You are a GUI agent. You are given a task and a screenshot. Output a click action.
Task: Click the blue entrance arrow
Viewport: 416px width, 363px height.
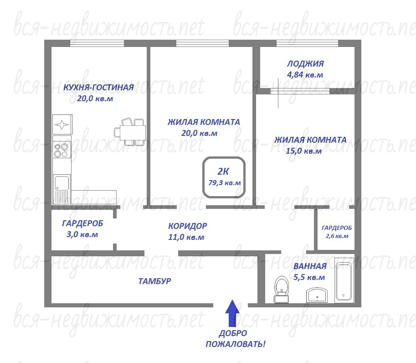232,313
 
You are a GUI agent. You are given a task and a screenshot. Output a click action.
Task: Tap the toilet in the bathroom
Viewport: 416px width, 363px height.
282,289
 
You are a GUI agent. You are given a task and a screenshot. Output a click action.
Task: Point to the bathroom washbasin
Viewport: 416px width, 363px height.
317,295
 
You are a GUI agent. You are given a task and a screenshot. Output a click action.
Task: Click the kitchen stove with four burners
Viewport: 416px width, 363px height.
62,150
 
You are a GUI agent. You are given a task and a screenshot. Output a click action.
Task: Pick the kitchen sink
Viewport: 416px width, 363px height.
62,189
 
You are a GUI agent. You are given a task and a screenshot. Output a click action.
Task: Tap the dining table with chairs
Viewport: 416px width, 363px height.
130,132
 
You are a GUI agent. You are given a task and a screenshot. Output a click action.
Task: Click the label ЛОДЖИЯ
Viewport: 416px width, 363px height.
305,64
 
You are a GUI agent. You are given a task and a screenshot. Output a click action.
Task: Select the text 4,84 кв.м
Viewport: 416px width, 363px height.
305,75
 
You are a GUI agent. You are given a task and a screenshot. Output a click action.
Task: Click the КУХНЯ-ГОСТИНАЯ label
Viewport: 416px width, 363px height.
98,88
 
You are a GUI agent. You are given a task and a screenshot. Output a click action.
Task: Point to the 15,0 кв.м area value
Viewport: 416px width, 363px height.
303,151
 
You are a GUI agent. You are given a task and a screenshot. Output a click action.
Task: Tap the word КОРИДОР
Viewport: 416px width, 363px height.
188,226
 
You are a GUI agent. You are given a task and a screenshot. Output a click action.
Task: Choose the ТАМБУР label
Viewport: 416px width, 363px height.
154,281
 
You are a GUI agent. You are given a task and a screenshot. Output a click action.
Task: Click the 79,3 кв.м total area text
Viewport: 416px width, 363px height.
225,183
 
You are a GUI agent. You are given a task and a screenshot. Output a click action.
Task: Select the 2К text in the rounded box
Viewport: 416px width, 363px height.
223,171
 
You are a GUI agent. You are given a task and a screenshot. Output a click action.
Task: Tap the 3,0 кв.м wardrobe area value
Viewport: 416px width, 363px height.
82,234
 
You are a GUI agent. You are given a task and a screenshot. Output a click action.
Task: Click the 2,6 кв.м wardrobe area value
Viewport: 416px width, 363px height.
337,236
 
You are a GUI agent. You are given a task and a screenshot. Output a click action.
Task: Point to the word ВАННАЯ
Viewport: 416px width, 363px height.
310,266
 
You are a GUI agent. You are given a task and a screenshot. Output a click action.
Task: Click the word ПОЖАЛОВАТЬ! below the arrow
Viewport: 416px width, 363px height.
235,344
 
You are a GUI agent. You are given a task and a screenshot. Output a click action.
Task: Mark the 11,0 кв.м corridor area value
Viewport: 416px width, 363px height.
186,237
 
